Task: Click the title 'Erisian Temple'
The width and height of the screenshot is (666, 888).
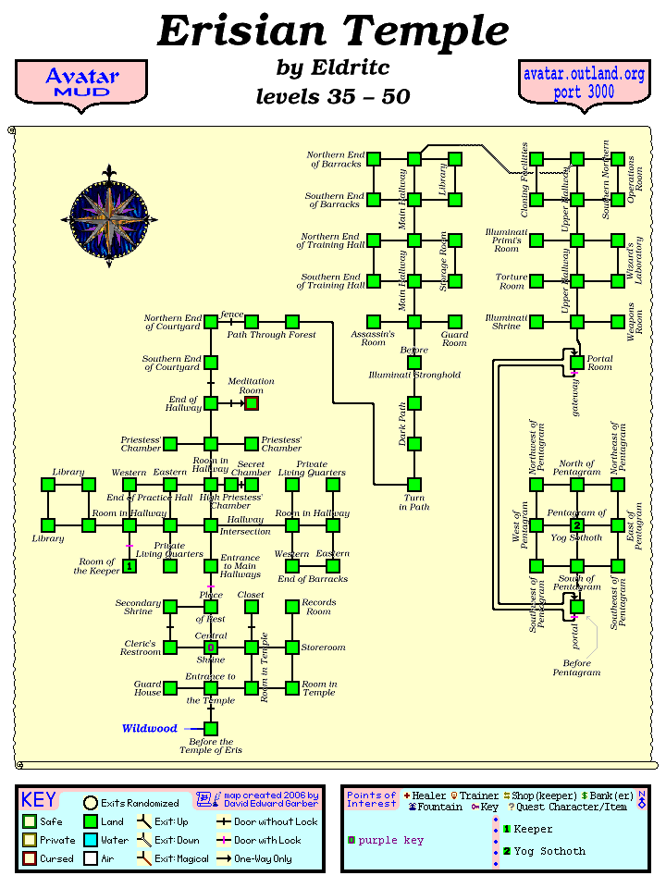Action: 332,31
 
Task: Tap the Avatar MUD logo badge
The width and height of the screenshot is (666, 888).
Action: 80,83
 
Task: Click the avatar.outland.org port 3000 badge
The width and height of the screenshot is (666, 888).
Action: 583,83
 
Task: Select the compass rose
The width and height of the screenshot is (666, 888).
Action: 109,216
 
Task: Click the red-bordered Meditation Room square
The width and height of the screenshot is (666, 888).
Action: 252,403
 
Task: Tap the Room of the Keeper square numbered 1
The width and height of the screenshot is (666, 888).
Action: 129,566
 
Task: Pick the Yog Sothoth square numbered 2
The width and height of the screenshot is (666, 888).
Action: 577,525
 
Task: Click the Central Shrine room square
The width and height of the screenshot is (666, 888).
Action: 211,647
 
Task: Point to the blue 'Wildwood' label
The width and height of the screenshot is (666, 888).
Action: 149,729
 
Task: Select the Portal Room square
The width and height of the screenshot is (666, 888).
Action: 577,363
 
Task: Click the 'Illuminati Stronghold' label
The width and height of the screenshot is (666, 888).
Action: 414,376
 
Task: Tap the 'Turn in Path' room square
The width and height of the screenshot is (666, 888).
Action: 414,485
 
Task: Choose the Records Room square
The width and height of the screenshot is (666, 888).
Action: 292,607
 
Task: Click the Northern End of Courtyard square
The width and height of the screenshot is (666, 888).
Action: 211,322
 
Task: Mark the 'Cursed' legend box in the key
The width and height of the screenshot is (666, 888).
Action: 30,858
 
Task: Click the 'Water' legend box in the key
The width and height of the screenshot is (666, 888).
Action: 91,840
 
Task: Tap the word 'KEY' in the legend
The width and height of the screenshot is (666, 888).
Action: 39,800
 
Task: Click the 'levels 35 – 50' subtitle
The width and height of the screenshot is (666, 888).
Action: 332,97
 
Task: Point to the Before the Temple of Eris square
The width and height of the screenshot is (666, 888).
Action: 211,729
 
